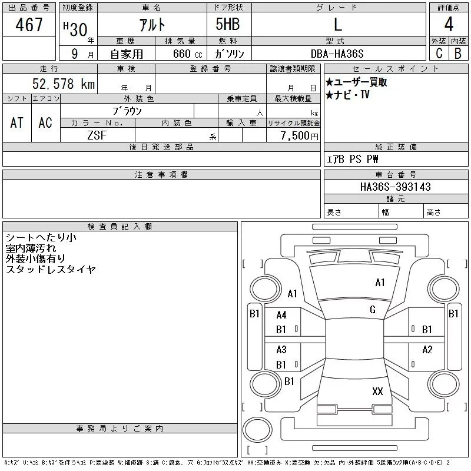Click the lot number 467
(x=29, y=25)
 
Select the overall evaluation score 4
(x=449, y=25)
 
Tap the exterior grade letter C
(x=439, y=53)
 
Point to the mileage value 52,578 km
(x=64, y=84)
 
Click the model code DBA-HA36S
(x=338, y=54)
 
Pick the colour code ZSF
(x=98, y=135)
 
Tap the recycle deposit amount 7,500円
(x=299, y=135)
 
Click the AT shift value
(x=16, y=122)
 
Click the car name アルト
(x=152, y=25)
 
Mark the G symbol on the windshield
(x=373, y=309)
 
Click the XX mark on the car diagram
(x=377, y=391)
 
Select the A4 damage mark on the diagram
(x=281, y=315)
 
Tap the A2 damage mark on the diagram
(x=427, y=350)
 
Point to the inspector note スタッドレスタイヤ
(x=51, y=269)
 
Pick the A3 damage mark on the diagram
(x=281, y=350)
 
